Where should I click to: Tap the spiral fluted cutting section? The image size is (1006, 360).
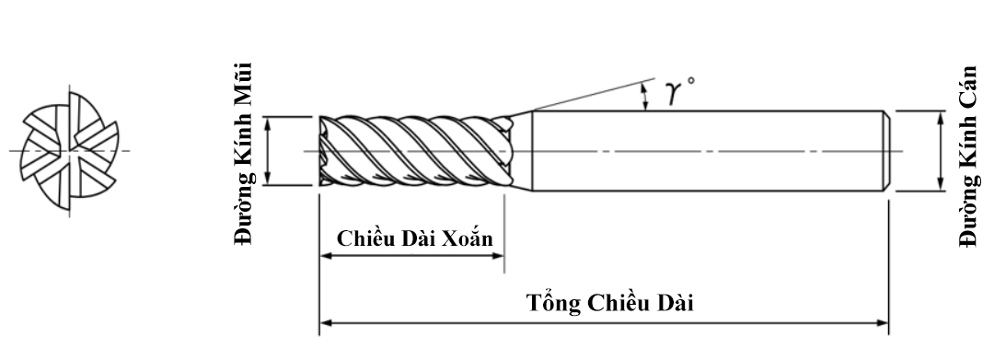click(414, 151)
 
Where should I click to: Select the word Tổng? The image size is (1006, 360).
click(549, 302)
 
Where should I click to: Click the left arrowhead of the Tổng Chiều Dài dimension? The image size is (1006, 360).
click(325, 323)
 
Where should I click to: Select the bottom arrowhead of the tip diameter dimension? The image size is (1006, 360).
click(268, 180)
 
